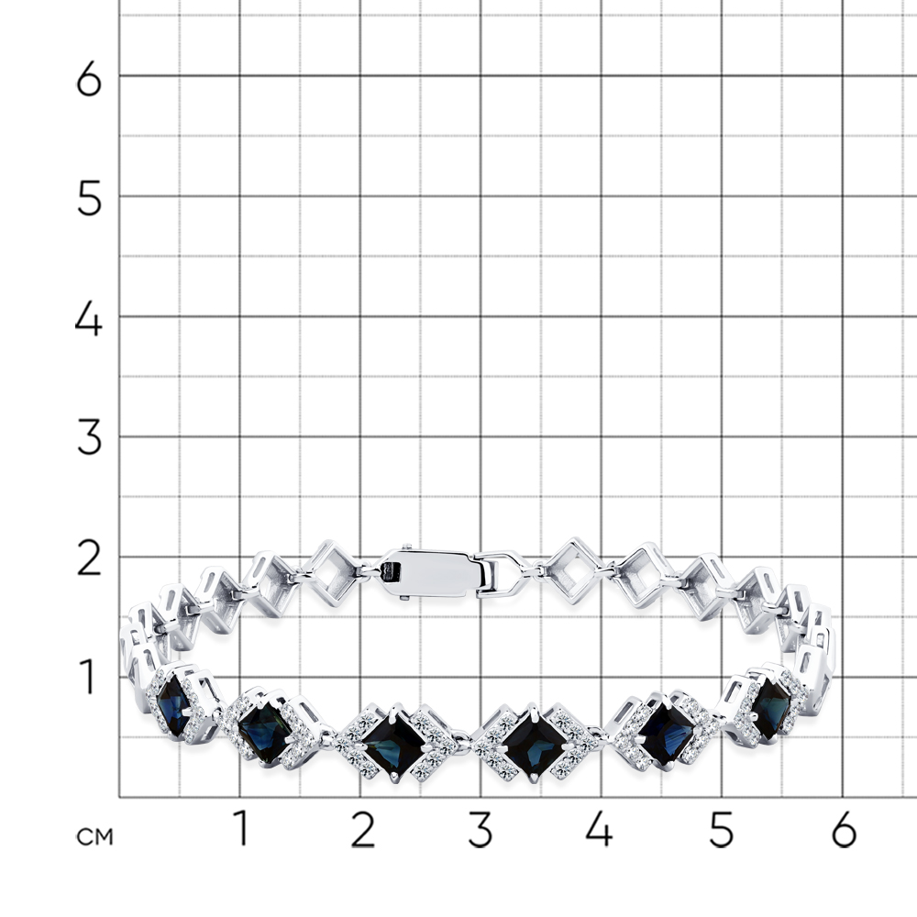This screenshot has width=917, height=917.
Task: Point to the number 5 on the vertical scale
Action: coord(89,199)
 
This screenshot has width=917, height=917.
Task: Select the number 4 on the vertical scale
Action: coord(89,320)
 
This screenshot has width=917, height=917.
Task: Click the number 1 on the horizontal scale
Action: coord(241,828)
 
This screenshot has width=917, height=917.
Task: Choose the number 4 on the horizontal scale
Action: coord(599,829)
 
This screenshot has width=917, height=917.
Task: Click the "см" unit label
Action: coord(94,837)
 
